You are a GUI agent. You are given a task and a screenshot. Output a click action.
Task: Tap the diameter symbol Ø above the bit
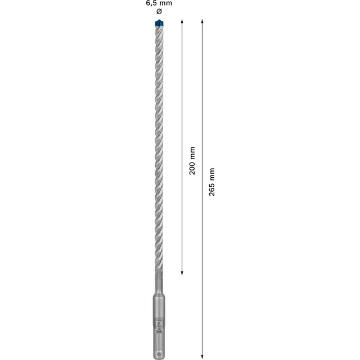(158, 11)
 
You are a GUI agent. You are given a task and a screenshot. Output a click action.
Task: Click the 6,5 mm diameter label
(158, 3)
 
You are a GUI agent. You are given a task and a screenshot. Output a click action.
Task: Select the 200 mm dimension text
(192, 161)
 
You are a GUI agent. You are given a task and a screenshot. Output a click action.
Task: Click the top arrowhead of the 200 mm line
(182, 20)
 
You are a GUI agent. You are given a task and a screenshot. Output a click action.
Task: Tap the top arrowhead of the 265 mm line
(202, 20)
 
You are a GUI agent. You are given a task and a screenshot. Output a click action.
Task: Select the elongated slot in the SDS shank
(157, 340)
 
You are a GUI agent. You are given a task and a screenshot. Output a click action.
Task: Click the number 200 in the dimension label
(192, 168)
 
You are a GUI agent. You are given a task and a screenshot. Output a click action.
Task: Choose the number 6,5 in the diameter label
(151, 3)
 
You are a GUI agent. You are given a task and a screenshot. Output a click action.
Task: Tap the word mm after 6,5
(165, 3)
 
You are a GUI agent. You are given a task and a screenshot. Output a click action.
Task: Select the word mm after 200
(192, 152)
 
